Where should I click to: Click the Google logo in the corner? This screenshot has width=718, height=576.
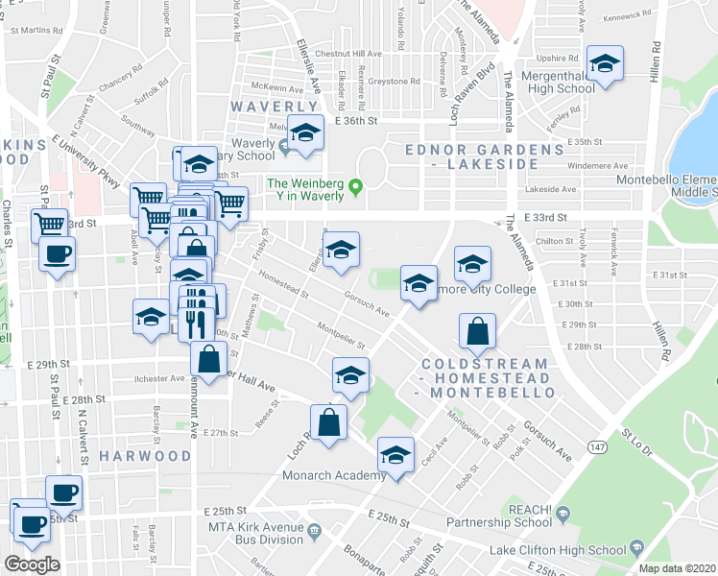coord(33,564)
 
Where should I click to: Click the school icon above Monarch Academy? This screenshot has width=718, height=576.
coord(395,454)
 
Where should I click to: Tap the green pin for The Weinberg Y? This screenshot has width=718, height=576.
coord(356,185)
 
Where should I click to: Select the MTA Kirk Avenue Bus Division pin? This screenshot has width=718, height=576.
coord(314,530)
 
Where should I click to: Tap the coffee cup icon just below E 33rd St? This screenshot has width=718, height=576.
coord(56,255)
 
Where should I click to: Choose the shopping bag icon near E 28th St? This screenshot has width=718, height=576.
coord(477,332)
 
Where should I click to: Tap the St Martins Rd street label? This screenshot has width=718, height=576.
coord(33,30)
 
